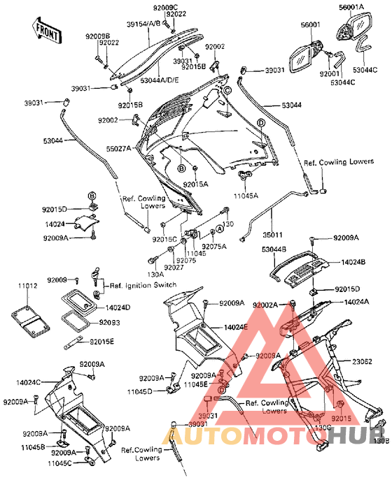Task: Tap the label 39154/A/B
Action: pyautogui.click(x=143, y=23)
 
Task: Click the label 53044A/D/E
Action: pyautogui.click(x=160, y=81)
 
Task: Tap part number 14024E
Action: pyautogui.click(x=236, y=327)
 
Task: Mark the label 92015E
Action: pyautogui.click(x=101, y=341)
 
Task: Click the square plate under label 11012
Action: pyautogui.click(x=29, y=317)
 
